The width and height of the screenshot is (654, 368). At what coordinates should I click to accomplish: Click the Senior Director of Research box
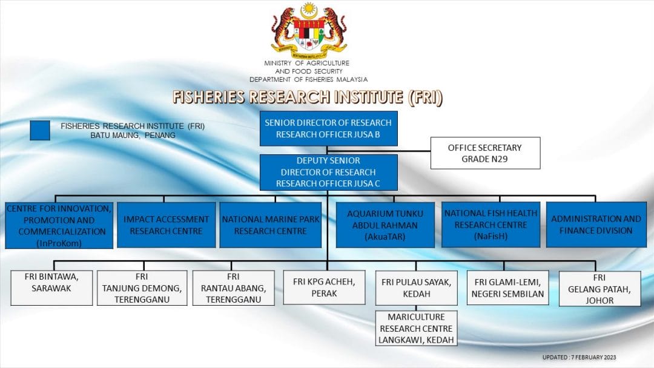pos(328,128)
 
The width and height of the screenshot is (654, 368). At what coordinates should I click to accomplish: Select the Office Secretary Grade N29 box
pos(485,153)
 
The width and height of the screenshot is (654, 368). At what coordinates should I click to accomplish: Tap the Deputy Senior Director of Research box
pos(328,172)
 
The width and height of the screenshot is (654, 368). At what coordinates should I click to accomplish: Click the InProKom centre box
pos(59,226)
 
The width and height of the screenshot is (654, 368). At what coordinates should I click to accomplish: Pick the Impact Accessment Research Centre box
pos(166,225)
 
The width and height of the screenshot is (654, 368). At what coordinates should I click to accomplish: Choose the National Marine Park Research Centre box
pos(270,225)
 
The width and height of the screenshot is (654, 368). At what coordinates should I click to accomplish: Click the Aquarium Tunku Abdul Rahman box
pos(385,225)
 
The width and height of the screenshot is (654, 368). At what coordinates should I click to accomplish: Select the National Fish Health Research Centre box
pos(490,225)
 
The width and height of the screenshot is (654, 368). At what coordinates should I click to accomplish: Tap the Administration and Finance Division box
pos(596,225)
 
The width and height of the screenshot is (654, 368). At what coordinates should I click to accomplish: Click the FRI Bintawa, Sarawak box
pos(51,287)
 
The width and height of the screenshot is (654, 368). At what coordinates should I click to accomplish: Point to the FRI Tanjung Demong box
pos(142,287)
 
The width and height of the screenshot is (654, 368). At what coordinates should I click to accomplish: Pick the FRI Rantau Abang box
pos(233,287)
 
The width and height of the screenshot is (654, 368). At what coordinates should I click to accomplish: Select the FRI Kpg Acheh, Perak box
pos(324,287)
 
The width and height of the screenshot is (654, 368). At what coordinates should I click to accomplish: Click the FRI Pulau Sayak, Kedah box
pos(416,288)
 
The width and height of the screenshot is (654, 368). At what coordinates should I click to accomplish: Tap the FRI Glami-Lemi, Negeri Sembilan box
pos(507,288)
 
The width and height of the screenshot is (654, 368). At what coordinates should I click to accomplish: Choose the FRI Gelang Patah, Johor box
pos(599,289)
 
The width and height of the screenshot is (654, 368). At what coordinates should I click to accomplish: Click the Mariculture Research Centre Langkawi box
pos(416,329)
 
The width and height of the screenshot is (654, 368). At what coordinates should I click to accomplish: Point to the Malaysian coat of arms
pos(309,30)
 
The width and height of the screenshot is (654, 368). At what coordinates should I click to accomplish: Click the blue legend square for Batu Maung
pos(40,131)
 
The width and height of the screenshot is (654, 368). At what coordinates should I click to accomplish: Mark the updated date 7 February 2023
pos(579,357)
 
